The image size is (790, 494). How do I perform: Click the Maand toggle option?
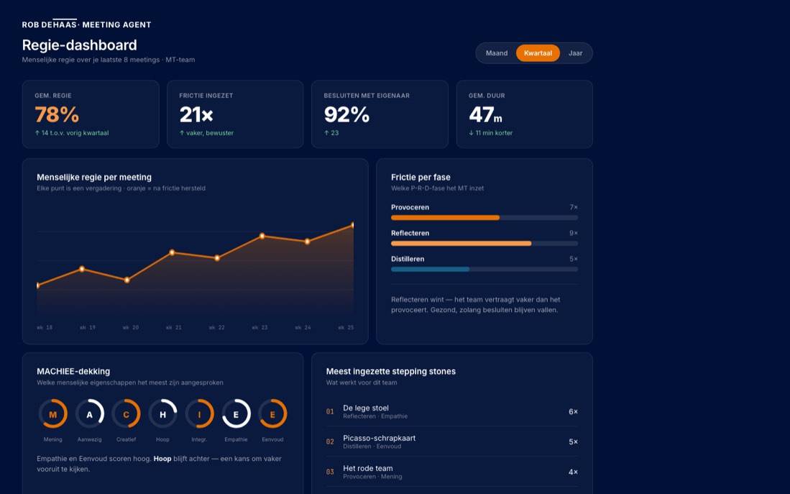[x=496, y=53]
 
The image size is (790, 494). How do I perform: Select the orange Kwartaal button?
[x=538, y=53]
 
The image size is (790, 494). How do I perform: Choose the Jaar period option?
[x=575, y=53]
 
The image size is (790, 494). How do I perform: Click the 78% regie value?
[x=57, y=114]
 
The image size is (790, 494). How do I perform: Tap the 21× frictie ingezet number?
[x=196, y=114]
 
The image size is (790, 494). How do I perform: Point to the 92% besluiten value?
[x=346, y=114]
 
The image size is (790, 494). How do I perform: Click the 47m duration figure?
[x=485, y=114]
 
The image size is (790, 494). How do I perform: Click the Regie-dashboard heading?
[x=80, y=45]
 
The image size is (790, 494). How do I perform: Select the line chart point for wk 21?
[x=172, y=252]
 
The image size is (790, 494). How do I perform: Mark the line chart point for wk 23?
[x=262, y=236]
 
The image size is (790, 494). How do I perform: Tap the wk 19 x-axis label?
[x=88, y=328]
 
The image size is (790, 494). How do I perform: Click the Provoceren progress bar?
[x=484, y=218]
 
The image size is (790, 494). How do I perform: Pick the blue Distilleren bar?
[x=431, y=269]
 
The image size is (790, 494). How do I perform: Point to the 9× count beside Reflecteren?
[x=574, y=233]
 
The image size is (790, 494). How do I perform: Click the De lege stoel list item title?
[x=366, y=408]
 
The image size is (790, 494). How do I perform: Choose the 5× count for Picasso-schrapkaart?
[x=574, y=442]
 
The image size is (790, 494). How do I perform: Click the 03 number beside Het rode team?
[x=330, y=472]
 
